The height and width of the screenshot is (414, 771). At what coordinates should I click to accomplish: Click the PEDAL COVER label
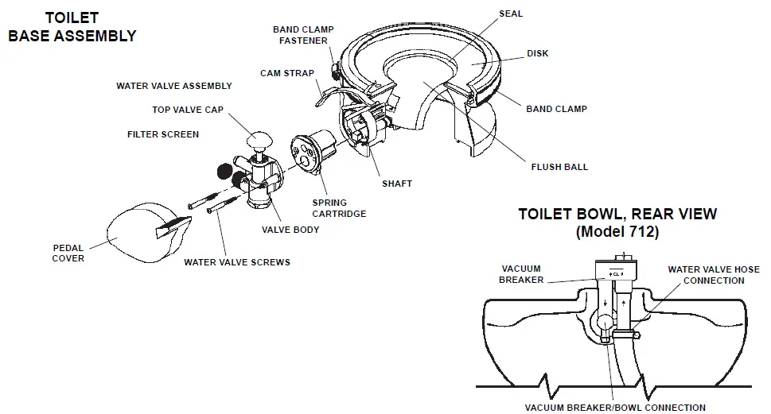pyautogui.click(x=68, y=253)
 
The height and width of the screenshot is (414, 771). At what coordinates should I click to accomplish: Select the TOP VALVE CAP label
pyautogui.click(x=188, y=110)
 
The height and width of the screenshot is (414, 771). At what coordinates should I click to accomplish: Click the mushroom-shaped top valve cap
pyautogui.click(x=259, y=141)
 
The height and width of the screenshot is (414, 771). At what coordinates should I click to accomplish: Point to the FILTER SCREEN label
pyautogui.click(x=163, y=134)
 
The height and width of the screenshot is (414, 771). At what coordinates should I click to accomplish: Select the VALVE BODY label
pyautogui.click(x=290, y=230)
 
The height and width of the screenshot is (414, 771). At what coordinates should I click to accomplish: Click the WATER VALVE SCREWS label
pyautogui.click(x=237, y=262)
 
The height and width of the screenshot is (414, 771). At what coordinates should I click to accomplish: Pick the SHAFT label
pyautogui.click(x=397, y=184)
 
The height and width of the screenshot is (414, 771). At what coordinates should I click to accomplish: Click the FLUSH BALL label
pyautogui.click(x=559, y=167)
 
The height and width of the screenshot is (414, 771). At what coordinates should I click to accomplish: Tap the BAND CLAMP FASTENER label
pyautogui.click(x=303, y=35)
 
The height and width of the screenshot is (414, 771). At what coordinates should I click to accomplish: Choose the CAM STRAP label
pyautogui.click(x=287, y=73)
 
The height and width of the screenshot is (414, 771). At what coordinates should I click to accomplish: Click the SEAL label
pyautogui.click(x=511, y=14)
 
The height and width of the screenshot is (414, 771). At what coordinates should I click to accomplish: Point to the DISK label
pyautogui.click(x=538, y=54)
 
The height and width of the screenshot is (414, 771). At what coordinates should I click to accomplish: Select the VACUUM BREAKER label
pyautogui.click(x=521, y=274)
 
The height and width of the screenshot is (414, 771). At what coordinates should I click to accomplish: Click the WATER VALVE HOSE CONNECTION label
pyautogui.click(x=714, y=275)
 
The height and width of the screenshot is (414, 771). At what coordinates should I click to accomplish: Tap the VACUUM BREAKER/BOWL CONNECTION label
pyautogui.click(x=615, y=407)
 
